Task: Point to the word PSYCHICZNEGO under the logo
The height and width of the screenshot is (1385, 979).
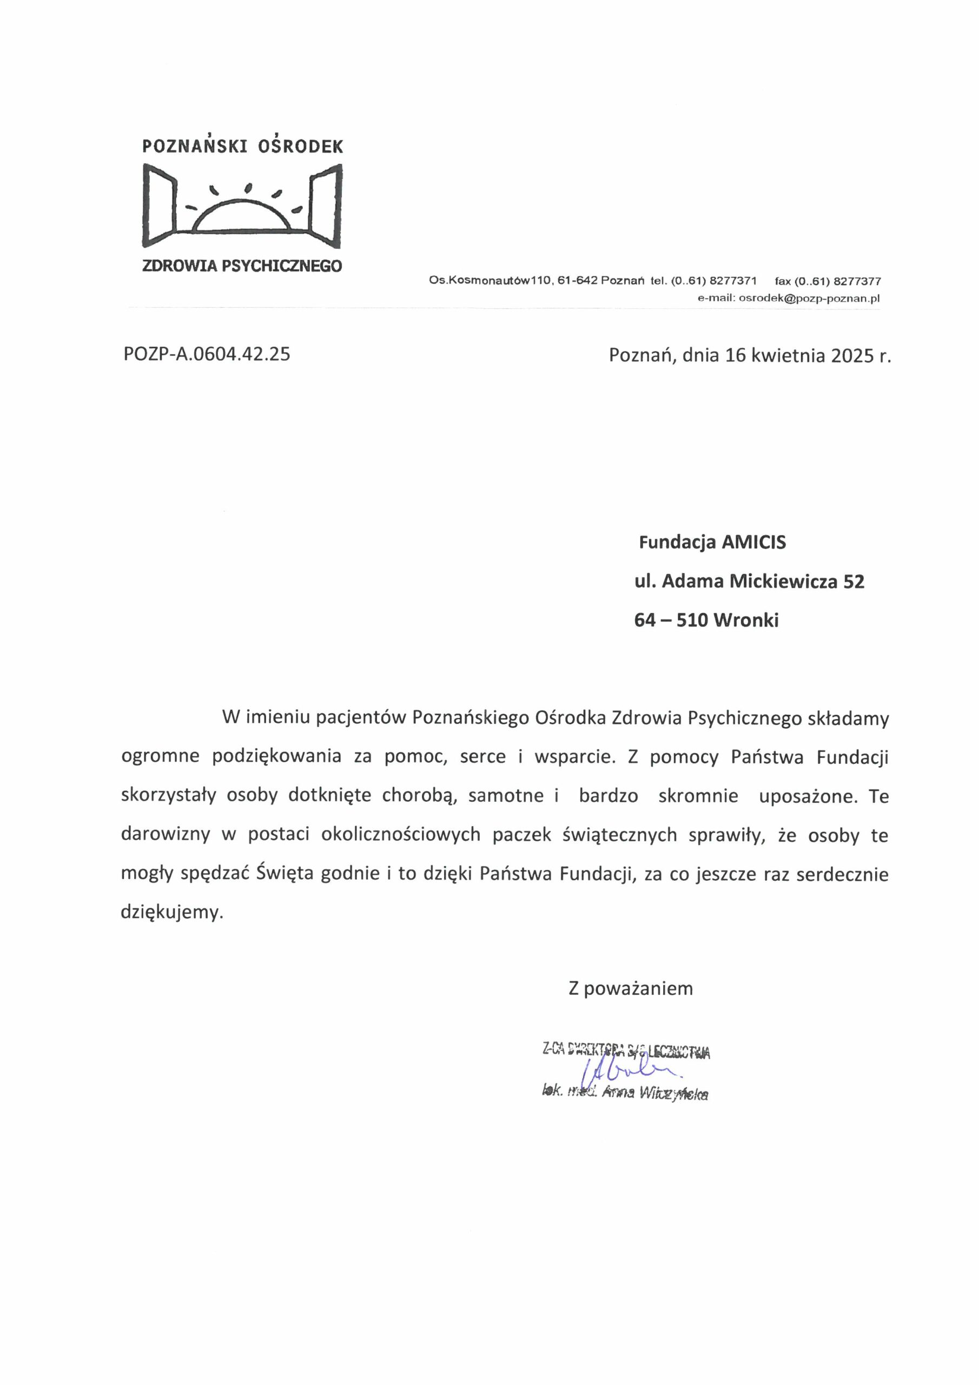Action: (282, 266)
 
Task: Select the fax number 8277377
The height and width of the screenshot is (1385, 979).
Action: (857, 281)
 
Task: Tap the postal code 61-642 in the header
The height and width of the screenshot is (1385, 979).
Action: (577, 280)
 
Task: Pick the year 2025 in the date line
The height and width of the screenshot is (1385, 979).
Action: (852, 355)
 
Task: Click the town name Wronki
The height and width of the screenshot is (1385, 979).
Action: (745, 620)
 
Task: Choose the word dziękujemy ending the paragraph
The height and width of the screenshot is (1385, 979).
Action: (172, 912)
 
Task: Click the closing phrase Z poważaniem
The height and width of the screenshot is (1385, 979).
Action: (630, 988)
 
